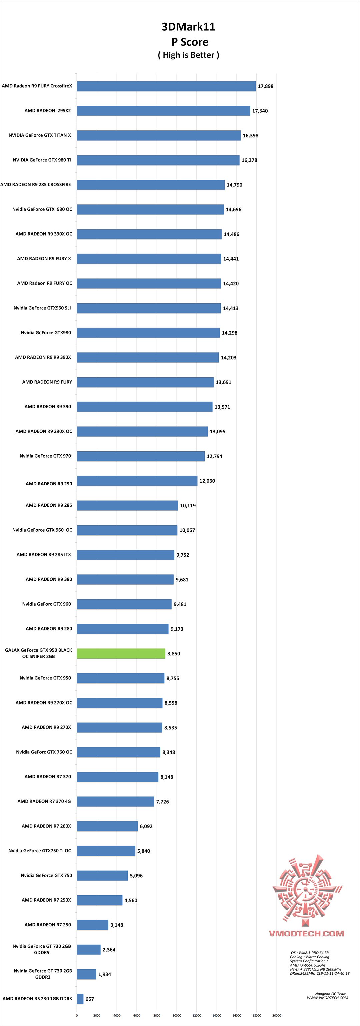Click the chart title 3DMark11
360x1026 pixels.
[x=188, y=27]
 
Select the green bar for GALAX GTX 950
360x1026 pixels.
[x=121, y=654]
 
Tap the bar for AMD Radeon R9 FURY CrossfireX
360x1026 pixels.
[x=166, y=86]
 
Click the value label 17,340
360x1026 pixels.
[x=260, y=111]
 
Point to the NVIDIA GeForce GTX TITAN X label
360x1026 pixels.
[x=40, y=135]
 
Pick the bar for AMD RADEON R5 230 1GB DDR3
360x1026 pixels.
[x=80, y=999]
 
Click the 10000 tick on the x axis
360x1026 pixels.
[x=177, y=1015]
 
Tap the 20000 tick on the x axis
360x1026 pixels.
[x=276, y=1015]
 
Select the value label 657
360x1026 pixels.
[x=90, y=999]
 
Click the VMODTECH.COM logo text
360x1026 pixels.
[x=306, y=934]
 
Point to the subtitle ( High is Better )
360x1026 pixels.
[x=188, y=55]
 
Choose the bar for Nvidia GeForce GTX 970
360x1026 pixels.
[x=141, y=456]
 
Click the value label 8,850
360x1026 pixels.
[x=174, y=654]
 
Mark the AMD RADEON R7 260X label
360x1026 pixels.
[x=46, y=826]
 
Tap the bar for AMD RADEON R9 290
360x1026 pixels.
[x=137, y=481]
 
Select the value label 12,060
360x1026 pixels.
[x=207, y=481]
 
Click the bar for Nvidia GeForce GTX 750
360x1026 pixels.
[x=102, y=876]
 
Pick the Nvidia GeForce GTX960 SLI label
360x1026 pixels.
[x=42, y=308]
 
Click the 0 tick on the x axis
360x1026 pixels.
[x=77, y=1015]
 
